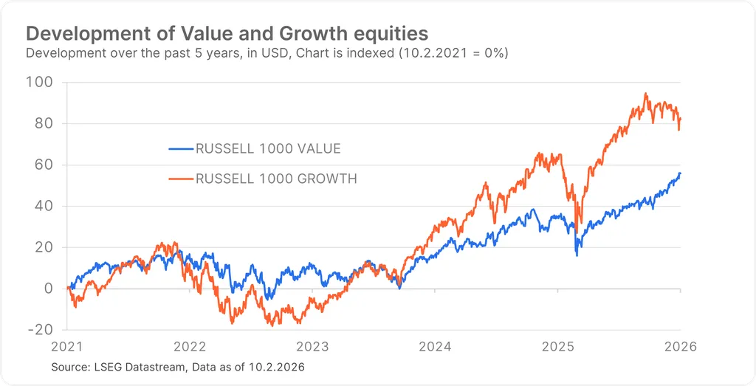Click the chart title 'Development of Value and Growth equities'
click(x=227, y=33)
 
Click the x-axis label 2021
click(x=67, y=345)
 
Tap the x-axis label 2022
click(x=190, y=345)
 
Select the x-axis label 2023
click(x=312, y=345)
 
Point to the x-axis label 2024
click(x=435, y=345)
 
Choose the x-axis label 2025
click(x=557, y=345)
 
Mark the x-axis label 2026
click(x=679, y=345)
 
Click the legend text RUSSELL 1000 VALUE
click(x=268, y=149)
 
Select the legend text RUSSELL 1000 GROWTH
click(x=276, y=179)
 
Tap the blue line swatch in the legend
click(x=180, y=149)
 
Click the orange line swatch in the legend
click(x=180, y=179)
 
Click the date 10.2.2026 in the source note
click(x=279, y=367)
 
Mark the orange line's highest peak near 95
click(x=645, y=94)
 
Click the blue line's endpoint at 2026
click(x=679, y=173)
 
